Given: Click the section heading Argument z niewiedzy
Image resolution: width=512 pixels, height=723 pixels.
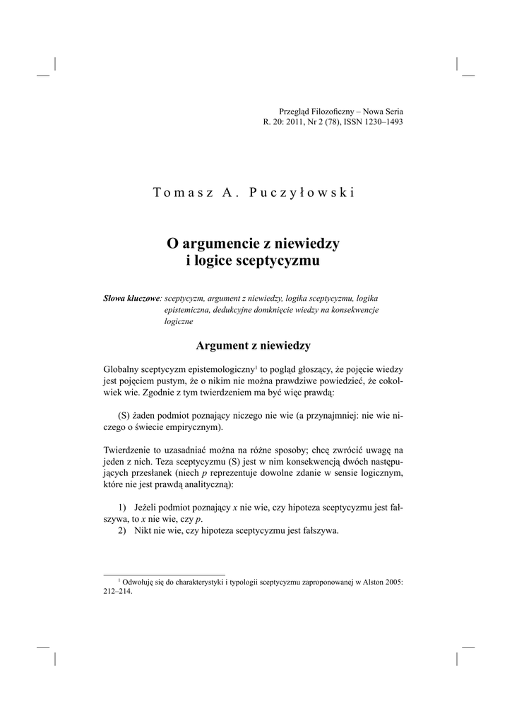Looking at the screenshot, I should (x=253, y=345).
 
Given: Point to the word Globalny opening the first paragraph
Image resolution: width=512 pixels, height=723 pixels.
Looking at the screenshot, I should (x=121, y=369).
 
